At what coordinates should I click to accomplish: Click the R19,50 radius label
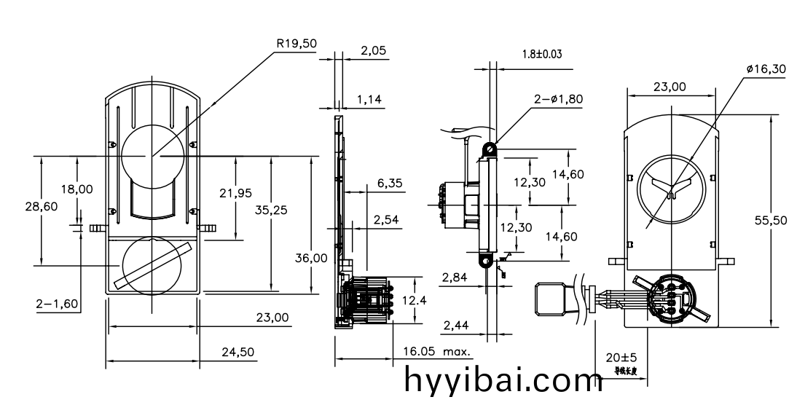click(297, 44)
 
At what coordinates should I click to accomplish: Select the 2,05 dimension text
click(374, 51)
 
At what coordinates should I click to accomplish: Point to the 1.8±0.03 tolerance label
click(542, 54)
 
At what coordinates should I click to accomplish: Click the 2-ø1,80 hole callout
click(558, 99)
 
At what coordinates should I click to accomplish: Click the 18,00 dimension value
click(76, 189)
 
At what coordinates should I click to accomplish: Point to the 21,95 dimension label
click(235, 192)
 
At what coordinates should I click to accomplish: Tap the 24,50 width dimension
click(237, 352)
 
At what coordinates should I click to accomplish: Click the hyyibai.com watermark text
click(503, 381)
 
